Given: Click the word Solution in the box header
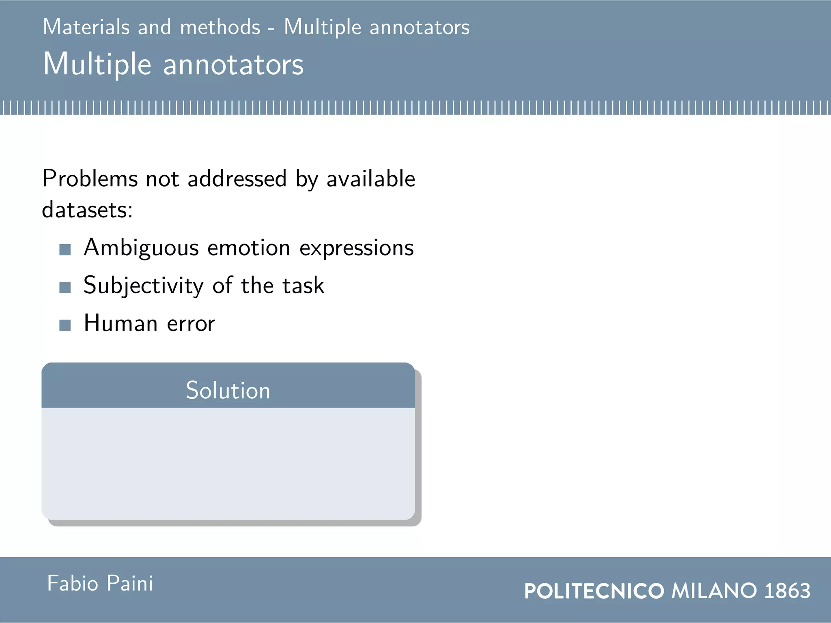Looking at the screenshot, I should pos(228,390).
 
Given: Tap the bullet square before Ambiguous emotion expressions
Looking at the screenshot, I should pos(65,249).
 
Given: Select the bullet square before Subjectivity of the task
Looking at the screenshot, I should pos(65,288).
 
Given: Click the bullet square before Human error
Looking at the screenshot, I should pos(65,325).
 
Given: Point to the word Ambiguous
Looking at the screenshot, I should pos(141,248).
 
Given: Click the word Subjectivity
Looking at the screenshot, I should pos(143,286).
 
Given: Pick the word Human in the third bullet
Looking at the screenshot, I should pos(121,324).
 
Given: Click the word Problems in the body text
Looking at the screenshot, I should pos(90,179).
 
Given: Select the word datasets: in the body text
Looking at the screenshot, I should pos(87,210).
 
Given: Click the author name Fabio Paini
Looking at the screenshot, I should pos(100,584).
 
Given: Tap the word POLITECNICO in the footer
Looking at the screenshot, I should pos(594,591).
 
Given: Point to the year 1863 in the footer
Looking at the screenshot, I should pos(787,591).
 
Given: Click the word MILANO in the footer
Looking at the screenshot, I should pos(714,591).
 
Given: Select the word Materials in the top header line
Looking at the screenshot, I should pos(86,27).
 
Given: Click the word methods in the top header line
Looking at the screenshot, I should pos(220,27).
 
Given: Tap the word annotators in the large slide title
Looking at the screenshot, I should pos(233,65).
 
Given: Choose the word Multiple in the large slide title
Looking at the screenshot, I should pos(97,65).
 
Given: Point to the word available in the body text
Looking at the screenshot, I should pos(371,179).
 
